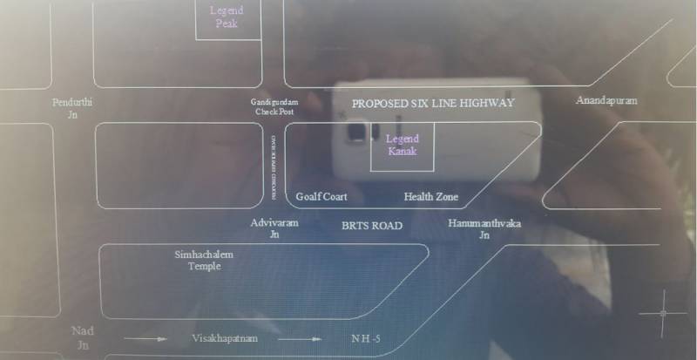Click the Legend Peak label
(x=226, y=17)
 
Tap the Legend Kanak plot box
(x=403, y=145)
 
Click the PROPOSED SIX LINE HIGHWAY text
(x=433, y=103)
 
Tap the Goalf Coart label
(x=321, y=197)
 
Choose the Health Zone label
(x=430, y=197)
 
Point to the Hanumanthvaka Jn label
(x=484, y=229)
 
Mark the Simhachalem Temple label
(x=205, y=260)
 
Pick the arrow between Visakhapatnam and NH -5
(x=301, y=338)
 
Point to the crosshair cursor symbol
(x=663, y=312)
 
